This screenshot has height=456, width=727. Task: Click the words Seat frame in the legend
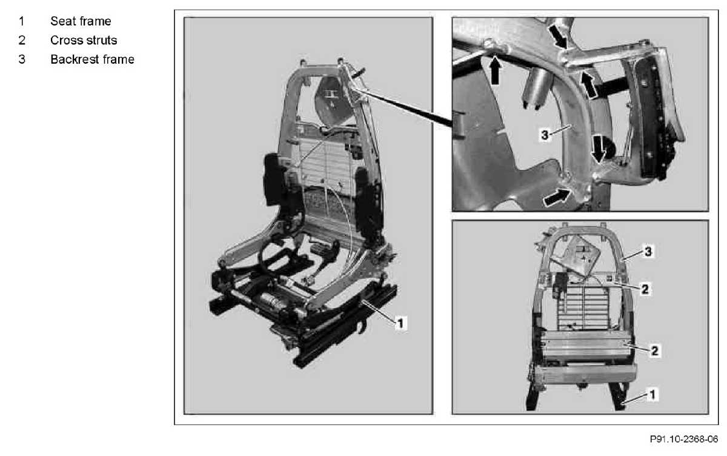tap(81, 21)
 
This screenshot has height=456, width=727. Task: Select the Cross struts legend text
tap(84, 40)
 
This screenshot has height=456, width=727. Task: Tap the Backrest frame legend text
tap(92, 59)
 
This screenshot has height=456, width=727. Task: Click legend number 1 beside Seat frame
tap(21, 21)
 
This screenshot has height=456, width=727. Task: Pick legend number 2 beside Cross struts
tap(22, 40)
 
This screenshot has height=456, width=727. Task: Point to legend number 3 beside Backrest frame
tap(22, 59)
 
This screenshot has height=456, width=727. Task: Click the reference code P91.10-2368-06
tap(684, 439)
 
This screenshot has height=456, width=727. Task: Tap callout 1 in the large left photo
tap(400, 323)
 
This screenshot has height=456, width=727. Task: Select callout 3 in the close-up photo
tap(545, 135)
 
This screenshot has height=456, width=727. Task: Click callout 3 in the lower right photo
tap(648, 252)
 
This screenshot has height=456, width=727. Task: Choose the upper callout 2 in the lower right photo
tap(645, 289)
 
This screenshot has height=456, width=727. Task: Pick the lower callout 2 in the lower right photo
tap(655, 350)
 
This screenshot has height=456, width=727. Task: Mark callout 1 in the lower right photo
tap(652, 395)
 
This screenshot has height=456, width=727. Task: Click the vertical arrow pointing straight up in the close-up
tap(494, 70)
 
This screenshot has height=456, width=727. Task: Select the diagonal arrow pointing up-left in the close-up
tap(588, 85)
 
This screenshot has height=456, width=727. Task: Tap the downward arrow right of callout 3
tap(598, 149)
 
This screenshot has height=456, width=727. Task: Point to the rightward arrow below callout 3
tap(557, 198)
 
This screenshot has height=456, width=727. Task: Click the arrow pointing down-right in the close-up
tap(558, 36)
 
